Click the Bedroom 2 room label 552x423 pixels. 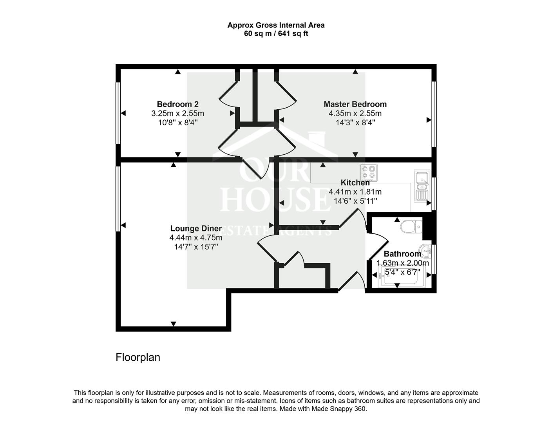pyautogui.click(x=177, y=104)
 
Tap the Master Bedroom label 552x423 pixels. pyautogui.click(x=355, y=104)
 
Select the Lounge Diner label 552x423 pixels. pyautogui.click(x=196, y=228)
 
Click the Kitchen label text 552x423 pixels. pyautogui.click(x=355, y=183)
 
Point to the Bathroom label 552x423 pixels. pyautogui.click(x=402, y=254)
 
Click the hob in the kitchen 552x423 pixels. pyautogui.click(x=369, y=172)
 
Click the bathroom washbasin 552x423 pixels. pyautogui.click(x=425, y=249)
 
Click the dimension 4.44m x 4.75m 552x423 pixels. pyautogui.click(x=196, y=238)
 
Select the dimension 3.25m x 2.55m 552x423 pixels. pyautogui.click(x=177, y=114)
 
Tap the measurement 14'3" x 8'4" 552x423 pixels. pyautogui.click(x=355, y=123)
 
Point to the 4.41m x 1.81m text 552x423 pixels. pyautogui.click(x=355, y=192)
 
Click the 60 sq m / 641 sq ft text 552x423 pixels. pyautogui.click(x=276, y=34)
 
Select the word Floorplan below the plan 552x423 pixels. pyautogui.click(x=138, y=357)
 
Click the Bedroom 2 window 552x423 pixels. pyautogui.click(x=118, y=113)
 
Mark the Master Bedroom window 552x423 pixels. pyautogui.click(x=434, y=114)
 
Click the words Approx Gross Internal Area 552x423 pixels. pyautogui.click(x=276, y=25)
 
